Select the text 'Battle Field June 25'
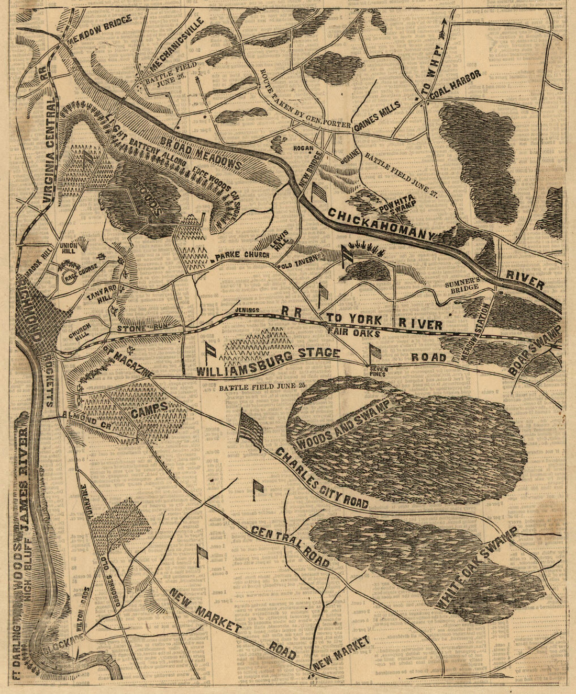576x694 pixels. coord(262,388)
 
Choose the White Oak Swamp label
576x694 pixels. coord(476,567)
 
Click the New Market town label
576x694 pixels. coord(342,653)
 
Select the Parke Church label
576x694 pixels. coord(241,256)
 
